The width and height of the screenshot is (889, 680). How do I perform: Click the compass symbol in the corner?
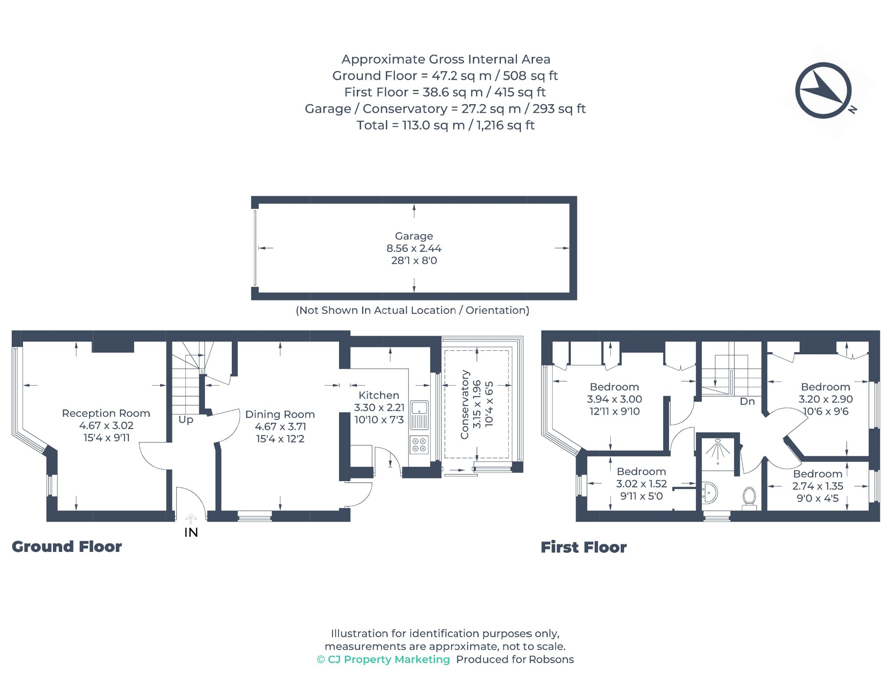823,90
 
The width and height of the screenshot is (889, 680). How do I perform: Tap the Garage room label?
414,236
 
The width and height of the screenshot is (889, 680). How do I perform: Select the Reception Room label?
106,413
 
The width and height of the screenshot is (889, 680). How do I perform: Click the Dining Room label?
280,415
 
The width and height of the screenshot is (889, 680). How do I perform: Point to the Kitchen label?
379,396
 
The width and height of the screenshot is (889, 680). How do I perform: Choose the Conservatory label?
465,405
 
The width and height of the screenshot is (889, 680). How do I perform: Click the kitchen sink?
419,415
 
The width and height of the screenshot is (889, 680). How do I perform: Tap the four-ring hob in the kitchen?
419,445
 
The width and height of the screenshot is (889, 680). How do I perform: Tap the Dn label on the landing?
747,402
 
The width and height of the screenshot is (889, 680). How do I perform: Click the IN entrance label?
191,532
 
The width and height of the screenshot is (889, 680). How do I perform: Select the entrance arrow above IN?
191,518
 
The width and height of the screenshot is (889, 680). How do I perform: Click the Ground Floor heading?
67,547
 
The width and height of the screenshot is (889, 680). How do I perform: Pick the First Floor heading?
584,548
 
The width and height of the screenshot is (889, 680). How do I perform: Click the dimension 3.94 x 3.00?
614,399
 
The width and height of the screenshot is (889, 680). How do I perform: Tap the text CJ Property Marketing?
389,660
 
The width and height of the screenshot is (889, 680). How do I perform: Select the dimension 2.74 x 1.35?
818,486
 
